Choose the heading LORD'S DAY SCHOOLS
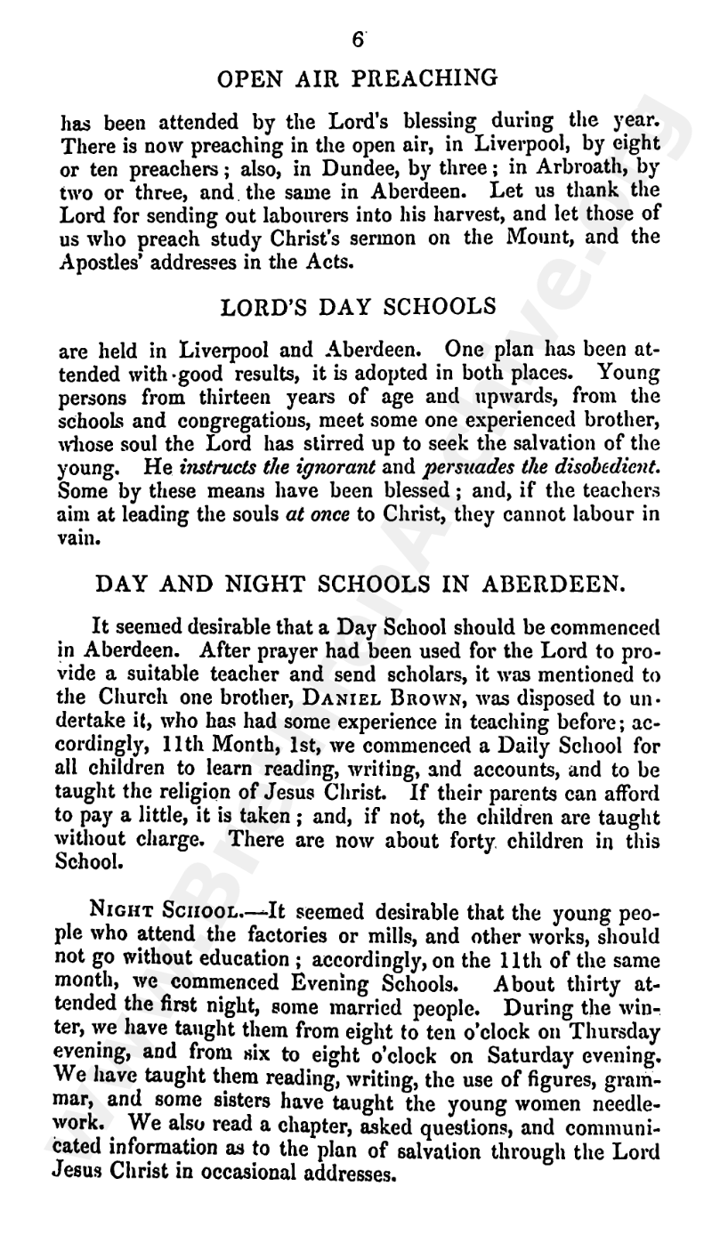pyautogui.click(x=358, y=308)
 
